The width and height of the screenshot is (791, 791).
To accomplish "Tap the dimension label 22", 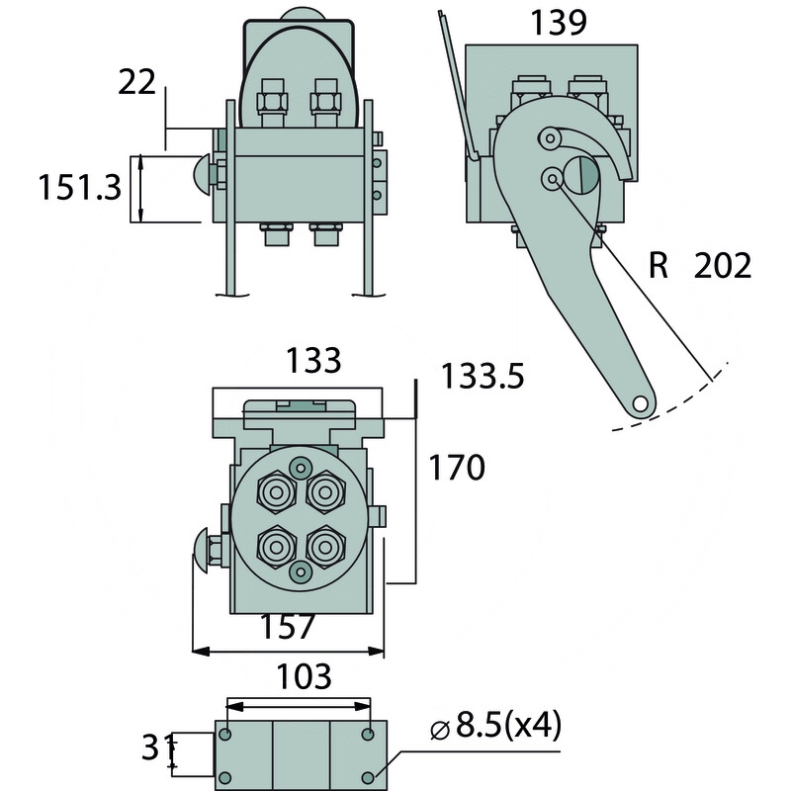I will (x=136, y=82).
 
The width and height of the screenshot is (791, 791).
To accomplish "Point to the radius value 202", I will (x=722, y=265).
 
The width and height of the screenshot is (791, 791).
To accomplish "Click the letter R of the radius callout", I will (x=660, y=265).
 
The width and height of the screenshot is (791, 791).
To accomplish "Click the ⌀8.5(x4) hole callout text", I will (x=495, y=729).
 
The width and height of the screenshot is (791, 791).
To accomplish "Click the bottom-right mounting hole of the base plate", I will (x=369, y=776).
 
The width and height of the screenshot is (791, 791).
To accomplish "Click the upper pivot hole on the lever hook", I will (x=550, y=136).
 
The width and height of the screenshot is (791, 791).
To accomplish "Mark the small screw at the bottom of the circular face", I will (x=301, y=571).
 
